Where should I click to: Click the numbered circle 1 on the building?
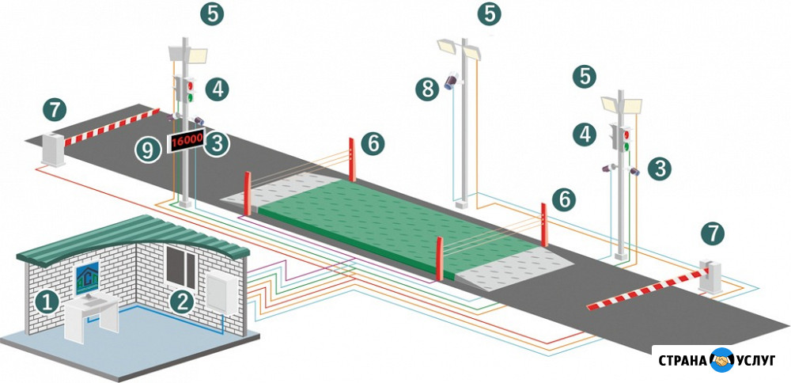47,303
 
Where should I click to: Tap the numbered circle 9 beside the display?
147,150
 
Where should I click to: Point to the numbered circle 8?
427,89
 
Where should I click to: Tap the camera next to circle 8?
452,81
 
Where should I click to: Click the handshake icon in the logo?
721,360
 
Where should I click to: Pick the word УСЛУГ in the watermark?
755,360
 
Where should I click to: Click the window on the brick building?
181,267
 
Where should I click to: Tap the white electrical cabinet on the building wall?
222,293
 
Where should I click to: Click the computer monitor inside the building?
85,279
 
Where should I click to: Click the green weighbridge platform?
399,222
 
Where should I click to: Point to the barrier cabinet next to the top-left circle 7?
54,148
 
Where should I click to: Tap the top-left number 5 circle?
212,13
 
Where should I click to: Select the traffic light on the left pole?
184,89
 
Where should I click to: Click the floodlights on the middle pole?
460,49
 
